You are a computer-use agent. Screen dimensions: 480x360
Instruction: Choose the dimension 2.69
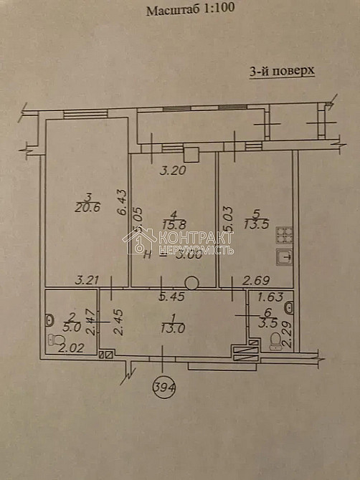pos(255,281)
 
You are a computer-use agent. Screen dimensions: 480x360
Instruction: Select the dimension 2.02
pos(68,349)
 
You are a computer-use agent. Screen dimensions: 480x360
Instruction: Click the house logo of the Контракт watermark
pos(139,241)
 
